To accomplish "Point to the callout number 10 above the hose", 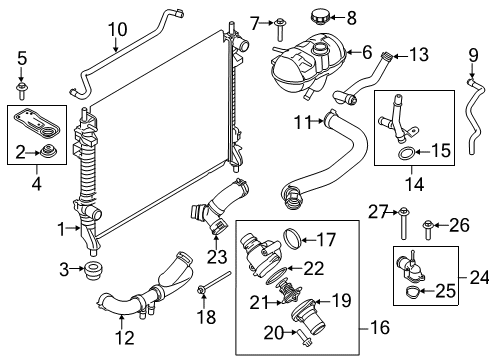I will click(119, 30).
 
